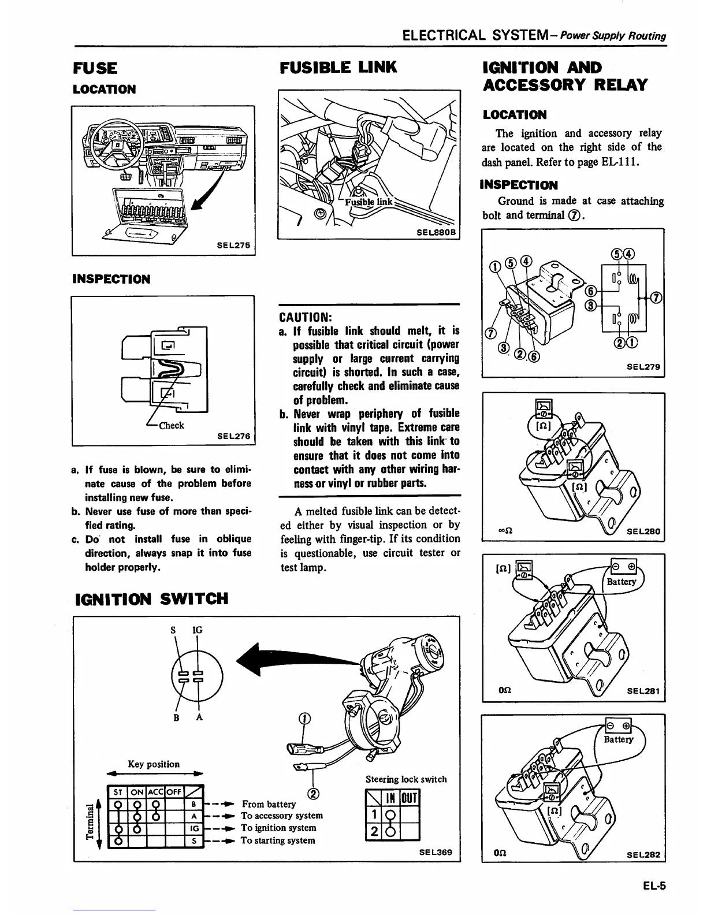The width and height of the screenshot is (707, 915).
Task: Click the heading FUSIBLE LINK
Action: click(338, 68)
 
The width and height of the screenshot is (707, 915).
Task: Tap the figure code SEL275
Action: click(233, 245)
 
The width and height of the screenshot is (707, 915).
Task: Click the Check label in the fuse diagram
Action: click(171, 426)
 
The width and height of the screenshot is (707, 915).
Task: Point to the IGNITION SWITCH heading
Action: click(152, 598)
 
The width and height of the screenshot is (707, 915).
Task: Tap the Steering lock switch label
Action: click(406, 779)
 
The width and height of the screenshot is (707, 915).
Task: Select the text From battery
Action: click(269, 804)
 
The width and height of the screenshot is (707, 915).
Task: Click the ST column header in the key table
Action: click(117, 792)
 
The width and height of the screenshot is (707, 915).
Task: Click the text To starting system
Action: click(278, 840)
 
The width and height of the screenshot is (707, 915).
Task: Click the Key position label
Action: click(154, 764)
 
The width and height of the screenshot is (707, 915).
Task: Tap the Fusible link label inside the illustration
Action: click(369, 202)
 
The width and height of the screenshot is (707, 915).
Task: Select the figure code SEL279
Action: click(644, 366)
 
